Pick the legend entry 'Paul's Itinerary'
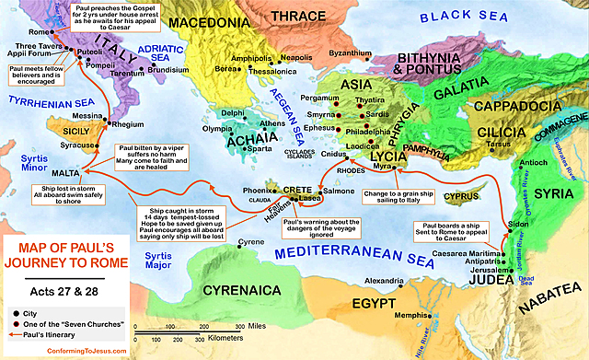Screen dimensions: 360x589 click(53, 335)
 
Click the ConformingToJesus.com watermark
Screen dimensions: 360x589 click(60, 351)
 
